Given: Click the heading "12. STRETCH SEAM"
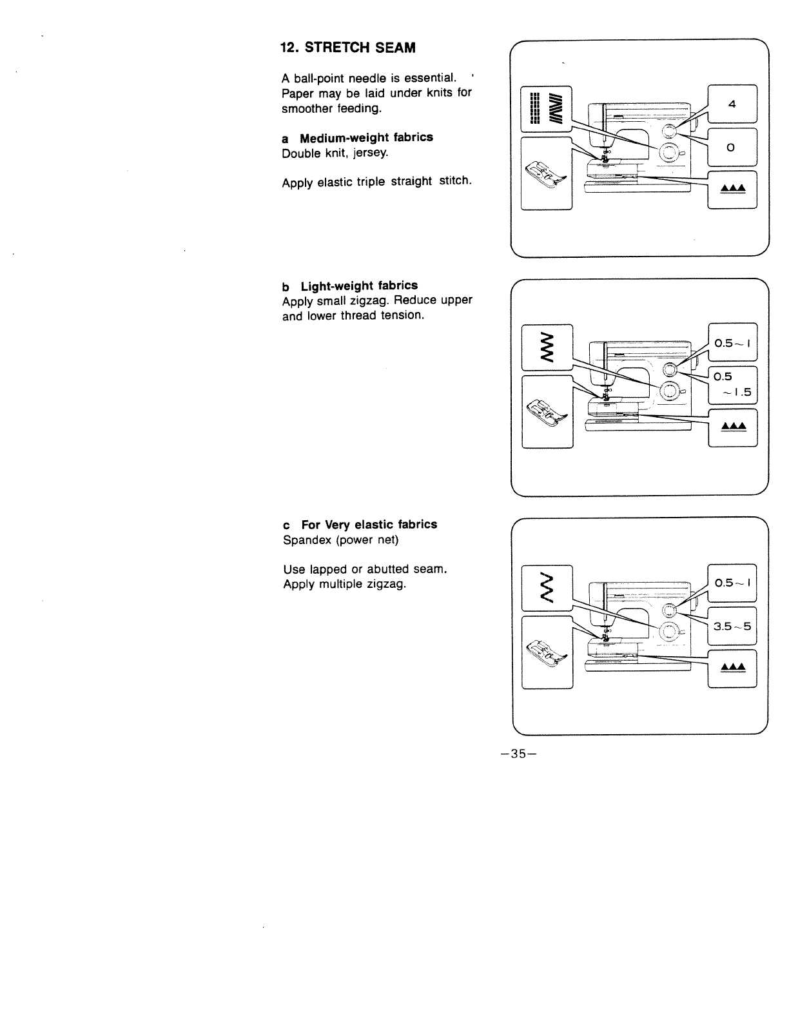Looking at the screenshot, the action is [x=347, y=48].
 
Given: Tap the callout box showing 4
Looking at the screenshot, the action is [x=732, y=104].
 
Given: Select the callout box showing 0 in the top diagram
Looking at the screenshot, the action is [x=732, y=148].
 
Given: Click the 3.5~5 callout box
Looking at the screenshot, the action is [x=732, y=626].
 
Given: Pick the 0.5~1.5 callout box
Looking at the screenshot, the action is [x=732, y=384].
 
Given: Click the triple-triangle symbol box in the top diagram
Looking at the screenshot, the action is [x=732, y=188].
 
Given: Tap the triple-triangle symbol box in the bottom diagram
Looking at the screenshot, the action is [x=732, y=668].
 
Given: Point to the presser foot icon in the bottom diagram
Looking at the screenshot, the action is [x=547, y=652].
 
